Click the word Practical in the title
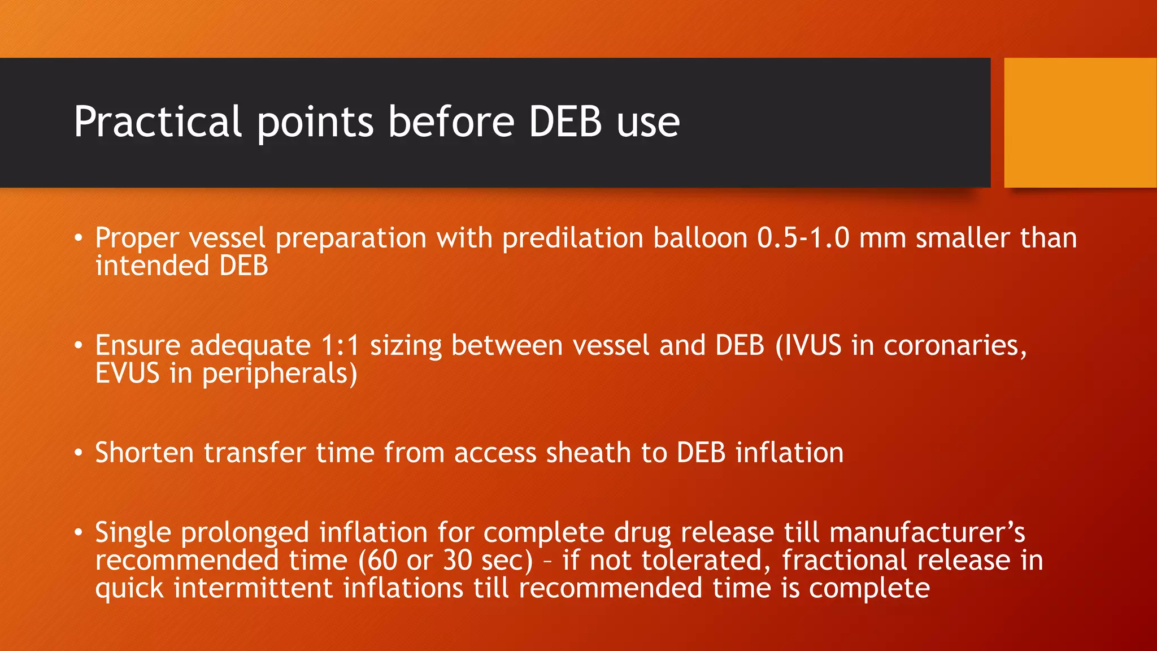pos(158,122)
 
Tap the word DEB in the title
pos(565,122)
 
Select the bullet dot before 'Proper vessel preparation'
pos(79,238)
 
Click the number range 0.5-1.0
pos(803,238)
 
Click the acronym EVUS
pos(127,374)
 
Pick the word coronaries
pos(955,345)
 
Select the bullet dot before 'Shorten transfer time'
pos(79,453)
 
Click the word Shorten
pos(144,453)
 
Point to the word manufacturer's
pos(927,532)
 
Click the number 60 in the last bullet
pos(382,560)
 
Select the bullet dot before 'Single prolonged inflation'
pos(79,532)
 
